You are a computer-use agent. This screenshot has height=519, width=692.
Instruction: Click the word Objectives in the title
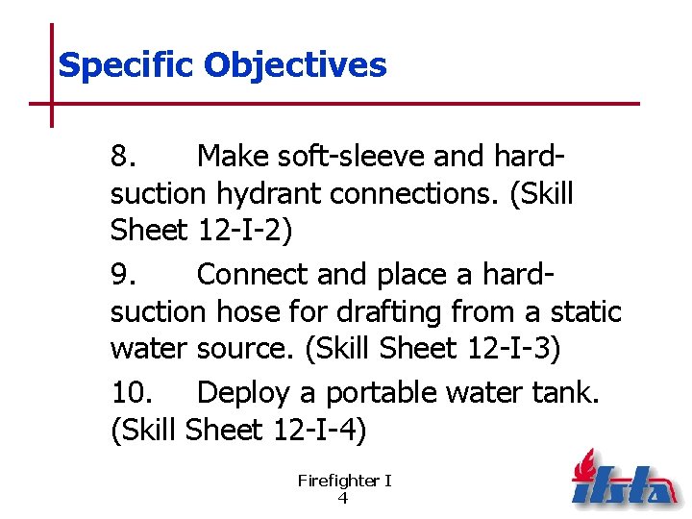(x=295, y=66)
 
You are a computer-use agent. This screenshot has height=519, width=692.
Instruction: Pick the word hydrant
(x=267, y=194)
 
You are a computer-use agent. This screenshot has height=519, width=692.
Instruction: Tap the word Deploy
(x=255, y=393)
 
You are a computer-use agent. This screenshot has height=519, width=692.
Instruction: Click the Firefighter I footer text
(x=344, y=481)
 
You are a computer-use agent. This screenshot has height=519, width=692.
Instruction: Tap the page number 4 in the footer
(x=343, y=498)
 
